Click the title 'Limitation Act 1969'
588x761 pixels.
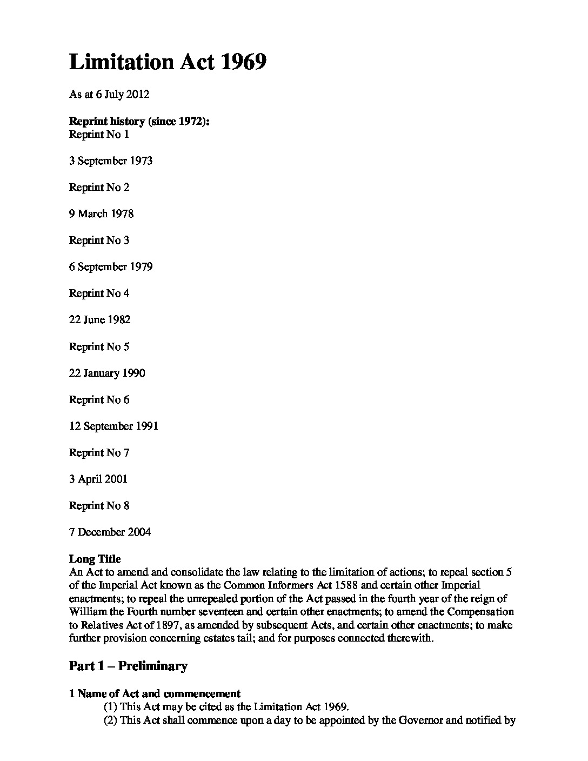click(x=168, y=62)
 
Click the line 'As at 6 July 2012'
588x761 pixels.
click(x=109, y=95)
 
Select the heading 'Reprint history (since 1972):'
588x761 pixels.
click(x=139, y=121)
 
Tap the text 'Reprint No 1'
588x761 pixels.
click(x=99, y=135)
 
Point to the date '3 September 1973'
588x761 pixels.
click(x=111, y=161)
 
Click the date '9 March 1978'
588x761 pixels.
click(x=101, y=214)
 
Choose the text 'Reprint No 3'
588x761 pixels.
click(x=99, y=241)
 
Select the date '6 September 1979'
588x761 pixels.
click(x=111, y=267)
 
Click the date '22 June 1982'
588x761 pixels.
click(x=99, y=320)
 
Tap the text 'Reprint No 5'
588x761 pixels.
click(x=99, y=347)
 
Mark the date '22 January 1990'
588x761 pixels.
click(x=107, y=373)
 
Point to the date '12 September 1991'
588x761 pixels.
click(x=113, y=426)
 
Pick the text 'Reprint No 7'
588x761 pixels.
click(x=99, y=453)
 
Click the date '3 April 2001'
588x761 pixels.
click(x=98, y=479)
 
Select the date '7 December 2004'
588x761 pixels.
click(x=110, y=532)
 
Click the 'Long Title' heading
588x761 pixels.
click(x=95, y=559)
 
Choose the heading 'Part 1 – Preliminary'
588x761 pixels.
click(x=128, y=666)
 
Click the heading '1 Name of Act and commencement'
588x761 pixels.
click(x=155, y=693)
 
